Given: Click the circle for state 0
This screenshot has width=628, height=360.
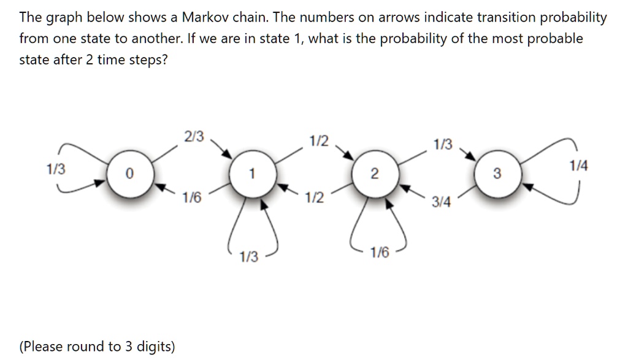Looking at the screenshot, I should click(128, 174).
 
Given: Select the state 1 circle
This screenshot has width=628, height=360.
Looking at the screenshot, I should click(251, 174).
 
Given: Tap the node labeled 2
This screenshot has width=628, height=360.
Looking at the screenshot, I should click(374, 174).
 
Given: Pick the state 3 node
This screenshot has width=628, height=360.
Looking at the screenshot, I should click(497, 174).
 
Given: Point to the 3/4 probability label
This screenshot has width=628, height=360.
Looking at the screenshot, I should click(441, 202).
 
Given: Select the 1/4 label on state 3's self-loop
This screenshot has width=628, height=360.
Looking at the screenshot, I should click(578, 166).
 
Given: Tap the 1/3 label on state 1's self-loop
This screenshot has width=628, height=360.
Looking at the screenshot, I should click(248, 257).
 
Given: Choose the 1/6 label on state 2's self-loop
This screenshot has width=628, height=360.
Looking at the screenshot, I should click(380, 253).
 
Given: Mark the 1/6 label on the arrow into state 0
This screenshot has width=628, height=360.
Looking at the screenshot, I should click(191, 197).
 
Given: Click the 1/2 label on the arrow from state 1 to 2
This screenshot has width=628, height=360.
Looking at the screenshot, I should click(318, 141).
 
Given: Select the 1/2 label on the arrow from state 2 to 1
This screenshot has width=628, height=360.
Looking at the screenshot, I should click(314, 198).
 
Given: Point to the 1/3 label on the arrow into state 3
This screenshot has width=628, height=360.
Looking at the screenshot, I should click(442, 145).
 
